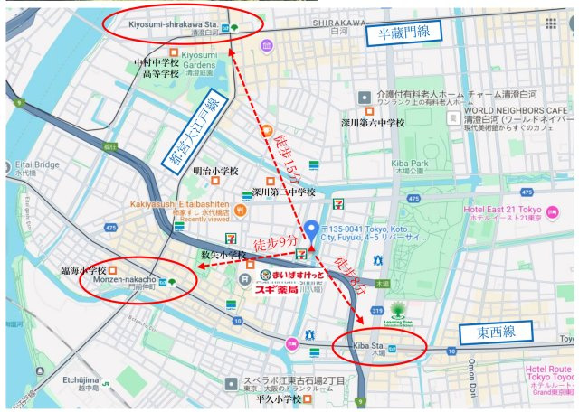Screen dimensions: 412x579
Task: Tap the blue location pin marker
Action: (311, 231)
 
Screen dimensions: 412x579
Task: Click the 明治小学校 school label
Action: (216, 170)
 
